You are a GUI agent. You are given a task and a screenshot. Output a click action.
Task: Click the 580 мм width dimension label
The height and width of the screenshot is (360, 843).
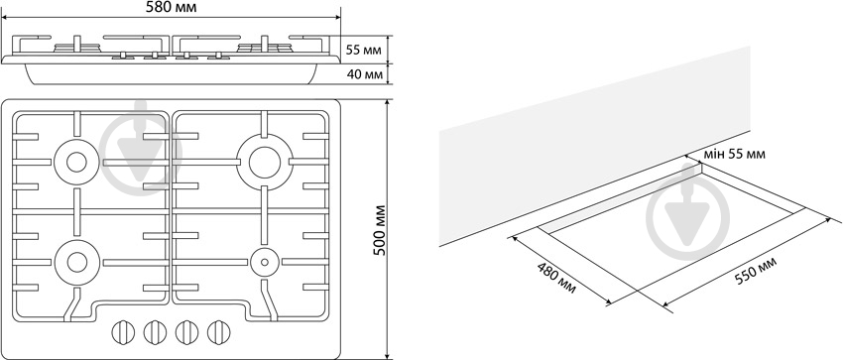pyautogui.click(x=171, y=8)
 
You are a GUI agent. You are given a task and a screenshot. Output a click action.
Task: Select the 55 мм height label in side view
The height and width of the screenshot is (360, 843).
pyautogui.click(x=363, y=51)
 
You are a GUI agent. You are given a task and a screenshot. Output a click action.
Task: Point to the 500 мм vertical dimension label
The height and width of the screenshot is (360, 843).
pyautogui.click(x=380, y=229)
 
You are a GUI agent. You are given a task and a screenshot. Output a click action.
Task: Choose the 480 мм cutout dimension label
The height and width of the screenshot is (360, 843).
pyautogui.click(x=556, y=278)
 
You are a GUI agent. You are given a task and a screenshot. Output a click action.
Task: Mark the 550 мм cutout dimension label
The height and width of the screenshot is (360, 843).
pyautogui.click(x=757, y=272)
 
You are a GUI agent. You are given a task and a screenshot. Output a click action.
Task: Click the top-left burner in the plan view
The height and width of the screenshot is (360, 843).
pyautogui.click(x=76, y=162)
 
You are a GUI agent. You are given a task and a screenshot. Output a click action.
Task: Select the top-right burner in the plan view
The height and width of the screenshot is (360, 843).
pyautogui.click(x=265, y=162)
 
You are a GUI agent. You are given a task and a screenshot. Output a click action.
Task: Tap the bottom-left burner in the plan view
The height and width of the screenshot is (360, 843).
pyautogui.click(x=76, y=262)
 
